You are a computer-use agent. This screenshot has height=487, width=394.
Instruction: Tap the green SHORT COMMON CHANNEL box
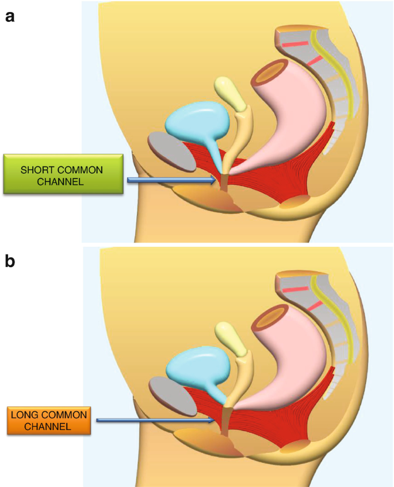coord(63,174)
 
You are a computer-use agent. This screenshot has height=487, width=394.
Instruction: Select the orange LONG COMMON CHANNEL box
coord(49,420)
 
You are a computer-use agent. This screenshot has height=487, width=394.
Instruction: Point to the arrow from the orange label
coord(155,420)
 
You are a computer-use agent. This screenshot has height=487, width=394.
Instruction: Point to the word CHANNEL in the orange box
coord(48,427)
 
